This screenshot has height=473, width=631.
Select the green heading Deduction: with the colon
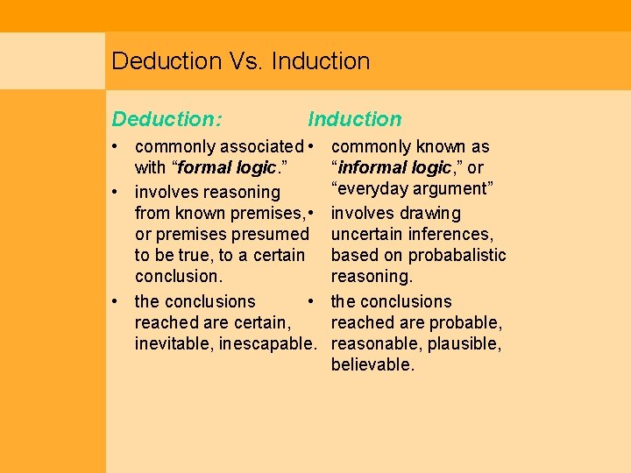pos(167,119)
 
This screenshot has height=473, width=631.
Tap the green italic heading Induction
pos(355,119)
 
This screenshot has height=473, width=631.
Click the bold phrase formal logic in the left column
pos(226,167)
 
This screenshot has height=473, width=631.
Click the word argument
pos(457,188)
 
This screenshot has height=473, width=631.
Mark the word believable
pos(372,364)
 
